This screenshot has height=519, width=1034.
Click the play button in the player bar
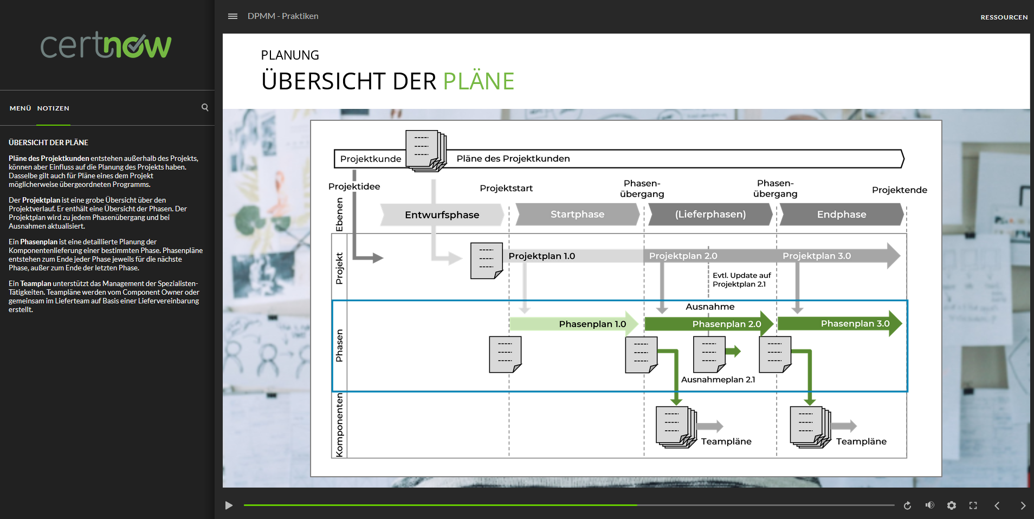click(x=229, y=505)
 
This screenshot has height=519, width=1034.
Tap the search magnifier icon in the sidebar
click(x=205, y=107)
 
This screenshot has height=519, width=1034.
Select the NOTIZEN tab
click(x=53, y=108)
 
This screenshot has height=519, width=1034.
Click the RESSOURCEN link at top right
click(x=1004, y=17)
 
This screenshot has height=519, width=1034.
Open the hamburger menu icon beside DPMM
click(x=232, y=16)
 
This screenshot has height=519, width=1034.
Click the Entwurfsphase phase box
click(x=442, y=215)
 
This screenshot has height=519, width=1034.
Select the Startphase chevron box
click(x=578, y=214)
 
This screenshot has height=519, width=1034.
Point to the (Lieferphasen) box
click(x=710, y=214)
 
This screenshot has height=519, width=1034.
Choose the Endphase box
click(x=842, y=214)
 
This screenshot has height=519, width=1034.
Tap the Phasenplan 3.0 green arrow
click(x=839, y=323)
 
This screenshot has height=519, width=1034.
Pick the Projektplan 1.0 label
click(x=541, y=256)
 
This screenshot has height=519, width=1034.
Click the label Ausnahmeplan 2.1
click(x=718, y=380)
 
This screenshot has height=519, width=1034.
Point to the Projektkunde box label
click(x=371, y=159)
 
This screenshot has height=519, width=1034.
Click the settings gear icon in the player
click(x=952, y=505)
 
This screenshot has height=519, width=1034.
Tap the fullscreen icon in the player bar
click(x=973, y=505)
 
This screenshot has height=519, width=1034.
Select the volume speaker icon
click(x=930, y=505)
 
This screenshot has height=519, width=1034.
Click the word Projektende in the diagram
click(x=900, y=190)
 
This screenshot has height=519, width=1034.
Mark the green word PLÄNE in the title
click(x=479, y=81)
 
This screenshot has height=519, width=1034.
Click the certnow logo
click(x=106, y=45)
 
